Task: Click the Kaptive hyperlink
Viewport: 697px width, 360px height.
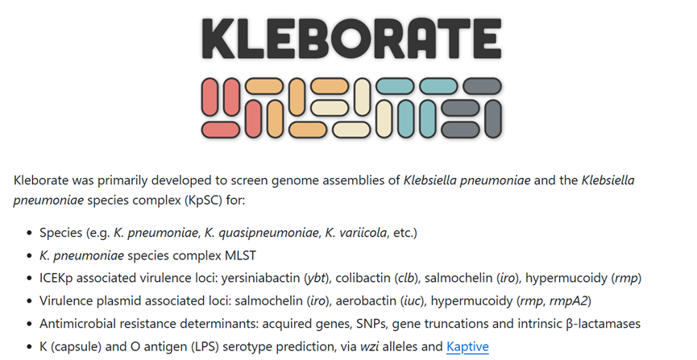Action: (x=467, y=346)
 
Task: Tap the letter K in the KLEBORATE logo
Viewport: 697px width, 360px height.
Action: (x=218, y=38)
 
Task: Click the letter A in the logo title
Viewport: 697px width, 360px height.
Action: (x=421, y=38)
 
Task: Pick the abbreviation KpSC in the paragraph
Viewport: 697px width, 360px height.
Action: (x=204, y=201)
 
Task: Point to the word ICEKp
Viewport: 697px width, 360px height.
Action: (x=56, y=278)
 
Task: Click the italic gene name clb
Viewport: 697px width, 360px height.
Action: (x=406, y=278)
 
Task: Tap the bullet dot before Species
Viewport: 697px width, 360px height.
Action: (x=30, y=233)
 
